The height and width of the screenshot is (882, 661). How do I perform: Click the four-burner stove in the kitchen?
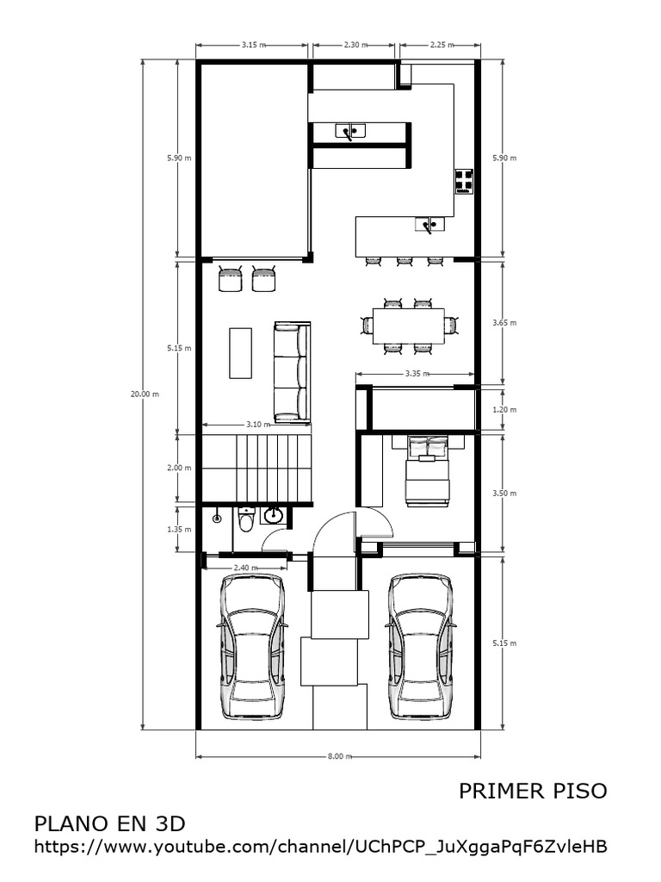click(464, 180)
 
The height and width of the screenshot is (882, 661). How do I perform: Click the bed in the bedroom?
click(427, 470)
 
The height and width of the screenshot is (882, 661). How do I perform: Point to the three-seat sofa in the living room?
click(291, 371)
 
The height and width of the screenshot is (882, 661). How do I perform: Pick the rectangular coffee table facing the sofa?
click(241, 351)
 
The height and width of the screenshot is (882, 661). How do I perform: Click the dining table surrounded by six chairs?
click(408, 325)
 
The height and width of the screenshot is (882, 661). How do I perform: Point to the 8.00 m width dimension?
click(339, 756)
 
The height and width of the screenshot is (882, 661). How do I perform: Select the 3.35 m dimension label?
click(416, 374)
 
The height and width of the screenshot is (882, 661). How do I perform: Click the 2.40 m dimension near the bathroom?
click(244, 568)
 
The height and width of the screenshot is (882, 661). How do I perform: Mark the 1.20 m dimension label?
click(504, 410)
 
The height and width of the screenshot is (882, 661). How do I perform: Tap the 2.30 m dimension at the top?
click(354, 44)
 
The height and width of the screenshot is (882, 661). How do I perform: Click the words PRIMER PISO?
click(533, 790)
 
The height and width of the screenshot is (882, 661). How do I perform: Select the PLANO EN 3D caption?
click(109, 823)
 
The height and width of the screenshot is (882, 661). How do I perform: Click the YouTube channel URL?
click(320, 847)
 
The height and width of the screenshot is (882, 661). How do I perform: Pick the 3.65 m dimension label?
click(504, 323)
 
